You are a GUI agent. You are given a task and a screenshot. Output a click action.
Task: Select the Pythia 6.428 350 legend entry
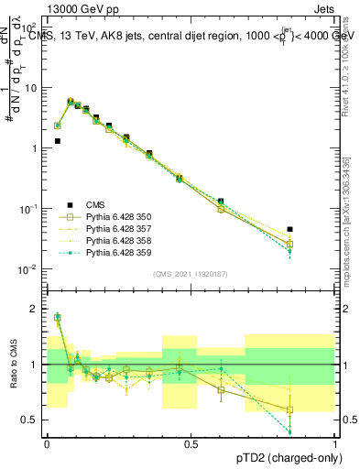coord(105,217)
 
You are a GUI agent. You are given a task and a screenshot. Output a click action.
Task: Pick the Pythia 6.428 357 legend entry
coord(105,229)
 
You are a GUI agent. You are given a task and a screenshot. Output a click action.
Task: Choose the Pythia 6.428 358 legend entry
coord(105,241)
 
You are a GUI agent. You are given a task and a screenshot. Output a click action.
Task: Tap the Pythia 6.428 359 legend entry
coord(105,253)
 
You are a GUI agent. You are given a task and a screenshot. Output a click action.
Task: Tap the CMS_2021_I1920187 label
coord(190,274)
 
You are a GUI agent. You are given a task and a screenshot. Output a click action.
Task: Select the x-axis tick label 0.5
coord(191,443)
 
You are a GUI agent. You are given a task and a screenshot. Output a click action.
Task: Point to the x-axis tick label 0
coord(47,443)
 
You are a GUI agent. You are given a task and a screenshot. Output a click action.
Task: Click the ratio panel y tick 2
coord(35,309)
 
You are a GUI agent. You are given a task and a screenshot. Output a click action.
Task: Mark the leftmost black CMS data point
coord(57,141)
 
